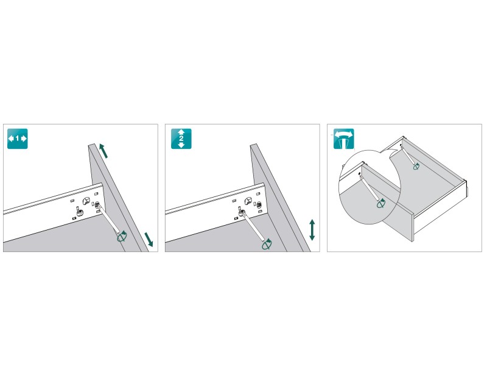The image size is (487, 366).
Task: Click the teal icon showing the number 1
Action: [18, 138]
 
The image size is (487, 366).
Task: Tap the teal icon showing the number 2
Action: [181, 138]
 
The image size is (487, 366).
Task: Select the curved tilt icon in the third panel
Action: [343, 139]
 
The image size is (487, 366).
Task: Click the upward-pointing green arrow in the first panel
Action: [104, 151]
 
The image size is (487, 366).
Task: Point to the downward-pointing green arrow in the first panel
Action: [149, 240]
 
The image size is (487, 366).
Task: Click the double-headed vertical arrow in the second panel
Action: [312, 230]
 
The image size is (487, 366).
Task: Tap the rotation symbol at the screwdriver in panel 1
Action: [122, 237]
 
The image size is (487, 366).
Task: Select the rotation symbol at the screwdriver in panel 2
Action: [267, 245]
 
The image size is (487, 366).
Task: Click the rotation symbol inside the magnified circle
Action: [381, 203]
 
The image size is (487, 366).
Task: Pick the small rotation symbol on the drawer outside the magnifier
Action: [416, 167]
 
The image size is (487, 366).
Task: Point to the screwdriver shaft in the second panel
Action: [253, 226]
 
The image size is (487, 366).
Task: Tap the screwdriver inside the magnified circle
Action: [369, 188]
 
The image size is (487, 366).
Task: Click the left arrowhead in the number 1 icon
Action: [11, 138]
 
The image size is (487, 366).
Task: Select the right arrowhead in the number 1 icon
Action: [24, 138]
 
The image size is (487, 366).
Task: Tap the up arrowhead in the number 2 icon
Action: [181, 132]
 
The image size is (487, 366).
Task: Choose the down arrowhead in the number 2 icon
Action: [181, 145]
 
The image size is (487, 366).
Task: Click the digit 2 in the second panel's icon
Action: [181, 139]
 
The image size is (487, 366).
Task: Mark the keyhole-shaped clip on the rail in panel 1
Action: [86, 201]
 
